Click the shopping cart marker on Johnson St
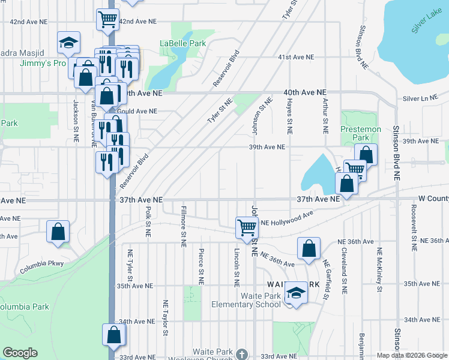coord(247,227)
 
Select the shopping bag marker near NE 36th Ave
coord(309,248)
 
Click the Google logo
coord(20,353)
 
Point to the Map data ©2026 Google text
coord(411,355)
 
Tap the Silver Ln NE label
coord(421,98)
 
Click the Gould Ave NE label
coord(138,111)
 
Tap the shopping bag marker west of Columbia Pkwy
coord(58,232)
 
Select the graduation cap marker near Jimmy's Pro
coord(68,43)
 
